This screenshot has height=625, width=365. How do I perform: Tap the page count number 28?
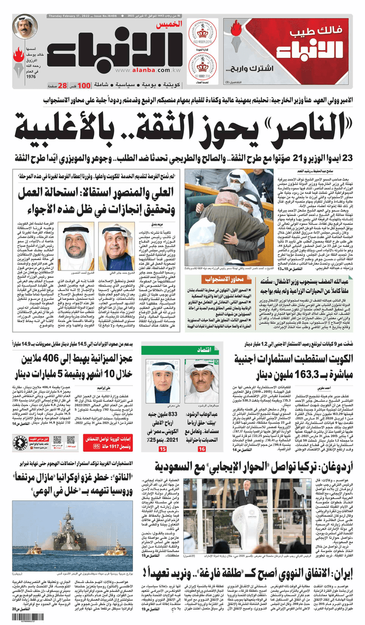click(63, 85)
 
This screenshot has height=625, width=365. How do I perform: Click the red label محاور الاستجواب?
click(224, 290)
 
